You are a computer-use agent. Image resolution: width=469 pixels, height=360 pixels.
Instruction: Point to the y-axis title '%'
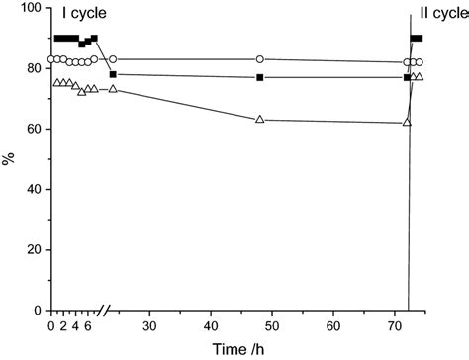point(9,158)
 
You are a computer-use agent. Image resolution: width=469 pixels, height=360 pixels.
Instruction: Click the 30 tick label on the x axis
point(148,325)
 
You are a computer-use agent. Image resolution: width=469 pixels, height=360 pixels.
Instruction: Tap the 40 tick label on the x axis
point(210,325)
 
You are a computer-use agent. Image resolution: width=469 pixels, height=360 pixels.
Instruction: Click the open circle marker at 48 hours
point(259,59)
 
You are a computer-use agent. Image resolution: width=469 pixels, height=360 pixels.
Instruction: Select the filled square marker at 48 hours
point(259,77)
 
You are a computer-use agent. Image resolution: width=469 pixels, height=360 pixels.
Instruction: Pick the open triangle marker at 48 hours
point(259,120)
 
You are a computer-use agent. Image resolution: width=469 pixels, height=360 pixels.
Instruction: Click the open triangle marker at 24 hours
point(113,89)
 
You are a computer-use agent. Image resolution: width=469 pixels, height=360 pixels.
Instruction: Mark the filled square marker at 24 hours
point(113,74)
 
